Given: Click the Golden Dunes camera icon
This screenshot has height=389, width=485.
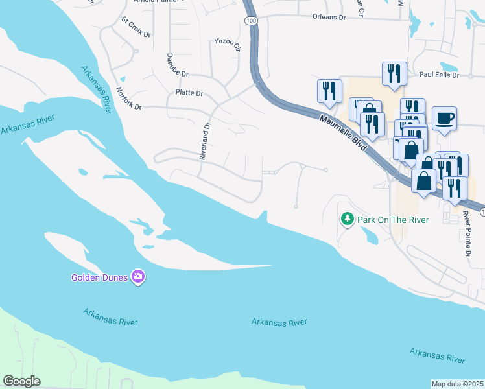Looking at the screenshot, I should tap(137, 277).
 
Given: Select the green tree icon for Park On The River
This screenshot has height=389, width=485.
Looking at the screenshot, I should tap(348, 220).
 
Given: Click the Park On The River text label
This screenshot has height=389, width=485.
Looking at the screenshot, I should tap(394, 220).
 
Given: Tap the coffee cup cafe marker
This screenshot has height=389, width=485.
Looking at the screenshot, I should tap(444, 119).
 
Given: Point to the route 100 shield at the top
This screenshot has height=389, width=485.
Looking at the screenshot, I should tap(250, 21).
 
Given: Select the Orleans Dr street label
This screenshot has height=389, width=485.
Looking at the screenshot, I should tap(329, 18).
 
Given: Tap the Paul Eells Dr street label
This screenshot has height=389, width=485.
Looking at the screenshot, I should tap(438, 75).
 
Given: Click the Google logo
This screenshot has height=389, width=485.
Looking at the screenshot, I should tap(21, 381).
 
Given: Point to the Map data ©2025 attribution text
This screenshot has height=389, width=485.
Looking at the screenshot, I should tap(457, 384).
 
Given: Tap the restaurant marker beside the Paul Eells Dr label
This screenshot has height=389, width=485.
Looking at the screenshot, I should tap(394, 74).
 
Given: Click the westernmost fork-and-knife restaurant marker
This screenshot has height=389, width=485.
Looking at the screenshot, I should tap(329, 91).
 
